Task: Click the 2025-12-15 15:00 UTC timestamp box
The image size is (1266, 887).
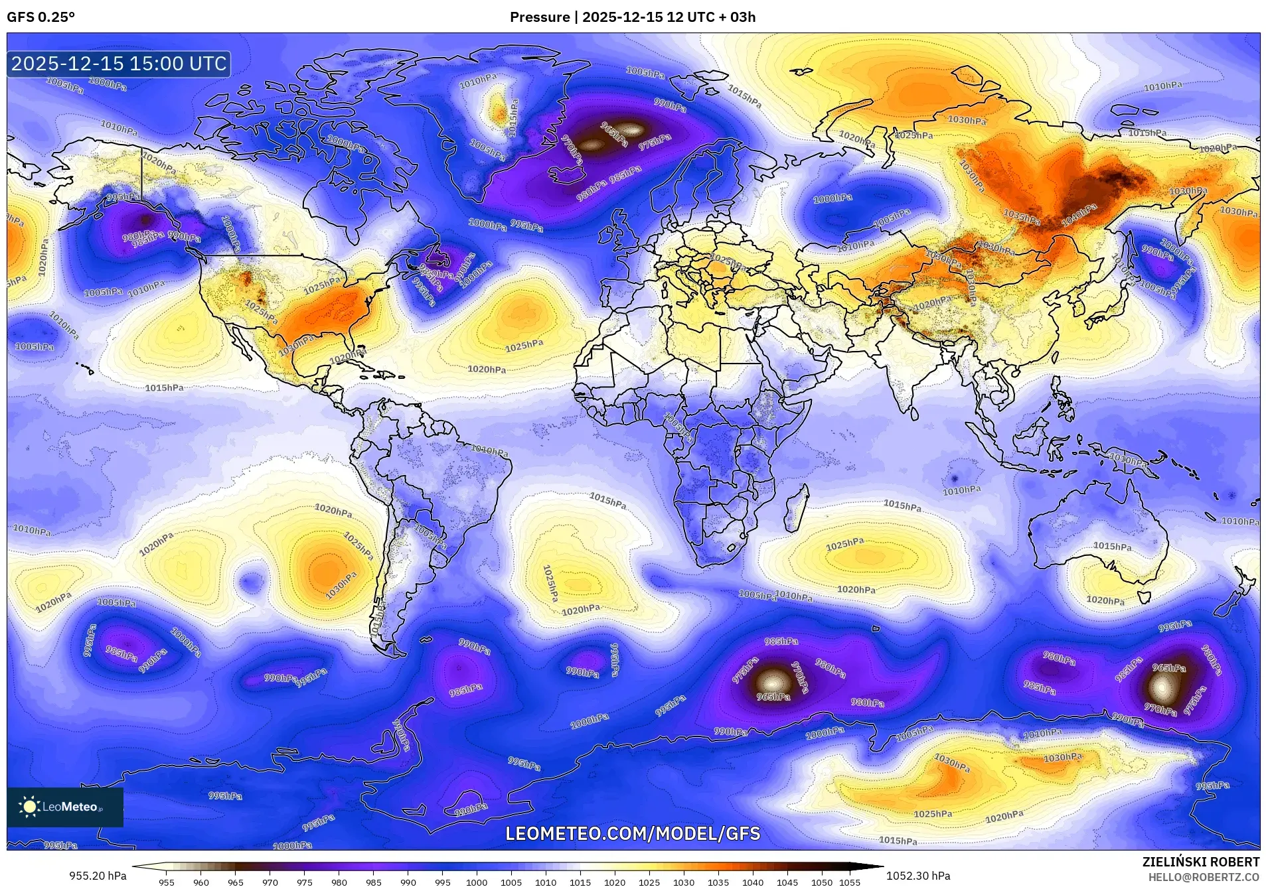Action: click(x=119, y=64)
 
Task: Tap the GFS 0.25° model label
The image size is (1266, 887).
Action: click(x=40, y=17)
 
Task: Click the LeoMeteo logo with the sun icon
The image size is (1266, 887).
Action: click(x=64, y=807)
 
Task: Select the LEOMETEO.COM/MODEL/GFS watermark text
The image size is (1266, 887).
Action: click(x=633, y=833)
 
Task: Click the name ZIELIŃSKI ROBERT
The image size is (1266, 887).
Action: click(x=1200, y=862)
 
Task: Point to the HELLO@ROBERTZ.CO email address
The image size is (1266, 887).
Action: click(x=1204, y=877)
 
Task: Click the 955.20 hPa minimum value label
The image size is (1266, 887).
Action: click(x=98, y=876)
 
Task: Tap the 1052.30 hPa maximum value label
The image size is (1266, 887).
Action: click(x=918, y=876)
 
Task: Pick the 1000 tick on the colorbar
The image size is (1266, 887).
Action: click(x=477, y=882)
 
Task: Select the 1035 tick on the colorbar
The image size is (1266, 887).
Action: click(x=718, y=882)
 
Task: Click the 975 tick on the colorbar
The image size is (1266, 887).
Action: click(x=304, y=882)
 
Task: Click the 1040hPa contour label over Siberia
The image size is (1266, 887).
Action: click(x=1079, y=215)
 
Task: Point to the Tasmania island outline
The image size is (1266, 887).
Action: click(x=1144, y=596)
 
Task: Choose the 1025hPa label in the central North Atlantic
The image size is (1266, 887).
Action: click(x=524, y=345)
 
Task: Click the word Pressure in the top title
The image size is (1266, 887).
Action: click(x=539, y=17)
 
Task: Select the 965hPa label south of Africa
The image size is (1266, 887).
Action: click(x=773, y=697)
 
